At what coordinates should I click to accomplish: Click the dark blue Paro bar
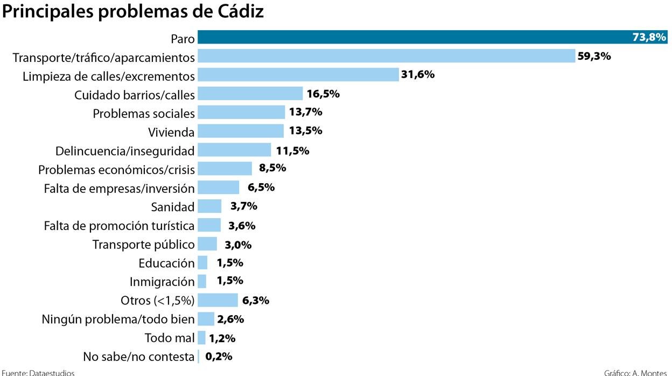(409, 37)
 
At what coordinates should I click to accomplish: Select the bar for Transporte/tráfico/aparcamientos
(387, 56)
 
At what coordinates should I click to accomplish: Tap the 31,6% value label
(418, 74)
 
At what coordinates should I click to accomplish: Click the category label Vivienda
(171, 131)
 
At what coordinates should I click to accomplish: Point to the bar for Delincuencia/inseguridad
(234, 150)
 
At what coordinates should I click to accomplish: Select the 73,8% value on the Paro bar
(649, 37)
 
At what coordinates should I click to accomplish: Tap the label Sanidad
(173, 206)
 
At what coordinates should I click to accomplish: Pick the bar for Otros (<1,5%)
(218, 300)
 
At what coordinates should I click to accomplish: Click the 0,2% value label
(219, 357)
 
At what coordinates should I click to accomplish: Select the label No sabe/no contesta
(139, 357)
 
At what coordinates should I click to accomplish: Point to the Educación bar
(202, 263)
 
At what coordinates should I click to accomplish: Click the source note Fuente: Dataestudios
(38, 372)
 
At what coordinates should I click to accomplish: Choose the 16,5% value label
(323, 94)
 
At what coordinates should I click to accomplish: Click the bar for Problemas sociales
(241, 112)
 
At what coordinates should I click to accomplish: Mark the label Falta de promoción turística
(119, 225)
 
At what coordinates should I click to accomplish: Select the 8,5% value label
(272, 168)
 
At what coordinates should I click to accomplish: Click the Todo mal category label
(170, 338)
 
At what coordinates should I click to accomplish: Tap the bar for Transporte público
(207, 244)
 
